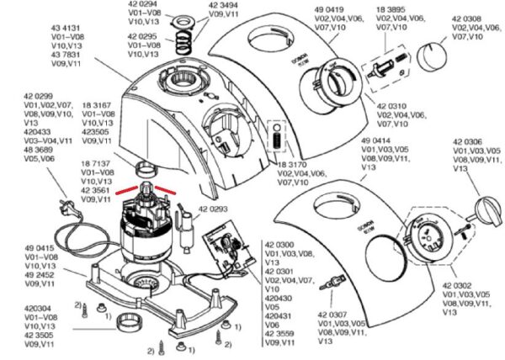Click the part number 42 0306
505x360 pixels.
(x=468, y=142)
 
